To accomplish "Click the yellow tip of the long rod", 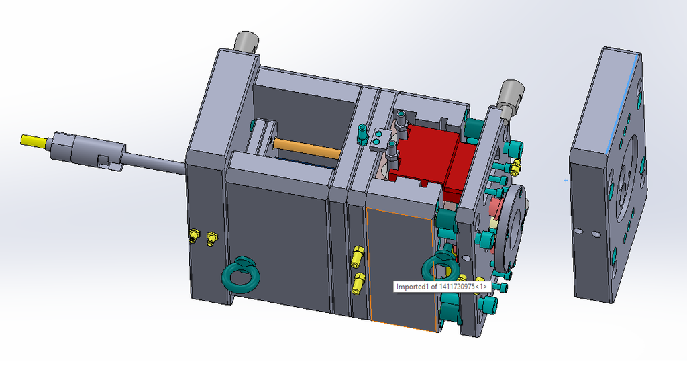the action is pos(34,141).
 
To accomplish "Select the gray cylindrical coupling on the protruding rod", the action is pos(88,150).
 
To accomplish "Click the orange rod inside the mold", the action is pos(307,148).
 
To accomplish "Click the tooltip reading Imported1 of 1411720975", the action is pos(440,287).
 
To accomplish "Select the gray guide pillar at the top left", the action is pos(247,42).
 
